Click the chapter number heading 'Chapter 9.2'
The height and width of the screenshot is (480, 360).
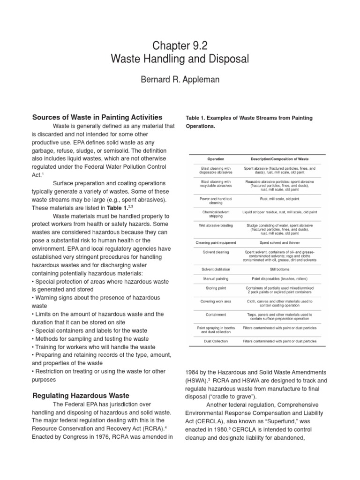[180, 45]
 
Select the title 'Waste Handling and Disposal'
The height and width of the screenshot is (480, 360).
[180, 60]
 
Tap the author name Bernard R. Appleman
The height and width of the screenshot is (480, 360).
[180, 80]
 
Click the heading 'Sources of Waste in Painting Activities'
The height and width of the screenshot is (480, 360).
[97, 117]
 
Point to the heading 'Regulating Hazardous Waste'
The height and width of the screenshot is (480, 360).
[81, 396]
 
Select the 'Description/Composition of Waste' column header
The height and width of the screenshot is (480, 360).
[280, 159]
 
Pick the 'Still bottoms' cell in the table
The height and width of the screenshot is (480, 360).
[280, 269]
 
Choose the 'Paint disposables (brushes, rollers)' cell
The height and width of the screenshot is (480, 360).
[280, 278]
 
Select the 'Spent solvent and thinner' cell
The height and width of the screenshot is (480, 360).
[280, 243]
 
